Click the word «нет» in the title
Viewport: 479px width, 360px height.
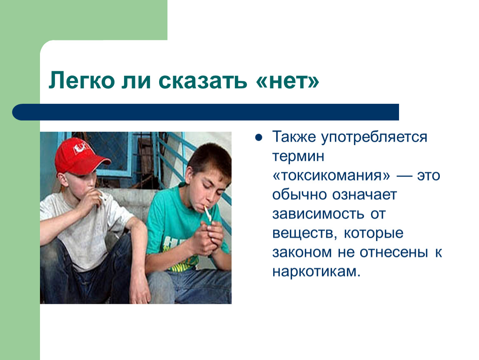287,81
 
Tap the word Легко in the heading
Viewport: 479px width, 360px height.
82,81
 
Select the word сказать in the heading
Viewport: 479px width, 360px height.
202,81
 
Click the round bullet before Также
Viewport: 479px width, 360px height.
259,137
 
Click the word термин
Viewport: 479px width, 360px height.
298,156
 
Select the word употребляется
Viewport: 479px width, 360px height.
374,137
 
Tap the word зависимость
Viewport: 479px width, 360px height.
318,214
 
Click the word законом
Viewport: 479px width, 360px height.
302,252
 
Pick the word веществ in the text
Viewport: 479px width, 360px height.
303,233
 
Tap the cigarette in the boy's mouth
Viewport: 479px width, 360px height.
208,212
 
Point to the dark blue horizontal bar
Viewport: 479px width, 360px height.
206,112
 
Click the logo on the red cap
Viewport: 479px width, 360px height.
80,148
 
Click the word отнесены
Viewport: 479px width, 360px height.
394,252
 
